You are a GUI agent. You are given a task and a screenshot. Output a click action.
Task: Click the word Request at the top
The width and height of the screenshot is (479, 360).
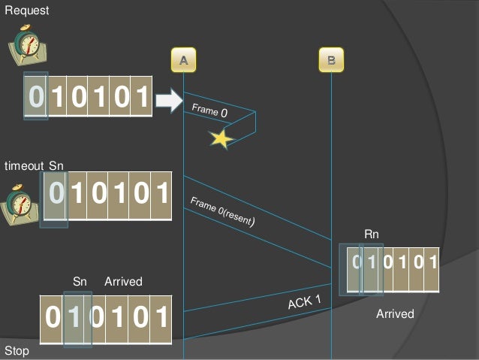click(x=26, y=11)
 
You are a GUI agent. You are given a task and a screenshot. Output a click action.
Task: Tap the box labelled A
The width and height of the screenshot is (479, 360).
click(x=182, y=59)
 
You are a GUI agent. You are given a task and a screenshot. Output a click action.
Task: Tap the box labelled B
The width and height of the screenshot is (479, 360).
click(x=331, y=59)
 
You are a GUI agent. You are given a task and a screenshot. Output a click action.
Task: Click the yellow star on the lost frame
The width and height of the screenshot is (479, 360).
click(x=221, y=138)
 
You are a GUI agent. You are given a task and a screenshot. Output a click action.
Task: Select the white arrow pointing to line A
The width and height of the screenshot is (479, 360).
click(x=169, y=99)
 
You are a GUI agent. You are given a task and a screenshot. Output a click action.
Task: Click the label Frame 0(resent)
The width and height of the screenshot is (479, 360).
click(x=223, y=212)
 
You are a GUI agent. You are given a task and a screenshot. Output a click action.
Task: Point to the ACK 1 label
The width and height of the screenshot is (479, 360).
click(x=304, y=303)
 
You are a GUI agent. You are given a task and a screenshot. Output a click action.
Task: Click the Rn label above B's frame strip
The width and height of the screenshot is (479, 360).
click(x=372, y=234)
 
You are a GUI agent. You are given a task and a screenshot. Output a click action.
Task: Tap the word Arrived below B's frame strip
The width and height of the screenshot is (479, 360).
click(x=395, y=313)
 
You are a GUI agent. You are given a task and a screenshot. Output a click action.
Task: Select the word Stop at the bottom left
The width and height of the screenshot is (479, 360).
click(x=17, y=351)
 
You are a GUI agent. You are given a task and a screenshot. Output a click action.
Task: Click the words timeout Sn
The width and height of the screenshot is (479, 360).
click(x=35, y=165)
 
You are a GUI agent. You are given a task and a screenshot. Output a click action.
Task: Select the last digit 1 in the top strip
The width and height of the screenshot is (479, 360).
click(x=141, y=97)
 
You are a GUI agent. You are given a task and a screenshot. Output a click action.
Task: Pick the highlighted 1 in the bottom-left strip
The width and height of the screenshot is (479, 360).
click(x=77, y=319)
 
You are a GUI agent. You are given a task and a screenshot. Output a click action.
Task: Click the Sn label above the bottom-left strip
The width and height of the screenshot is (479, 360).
click(x=80, y=281)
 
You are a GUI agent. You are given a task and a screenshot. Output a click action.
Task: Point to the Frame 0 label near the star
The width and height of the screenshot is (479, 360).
click(x=209, y=110)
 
